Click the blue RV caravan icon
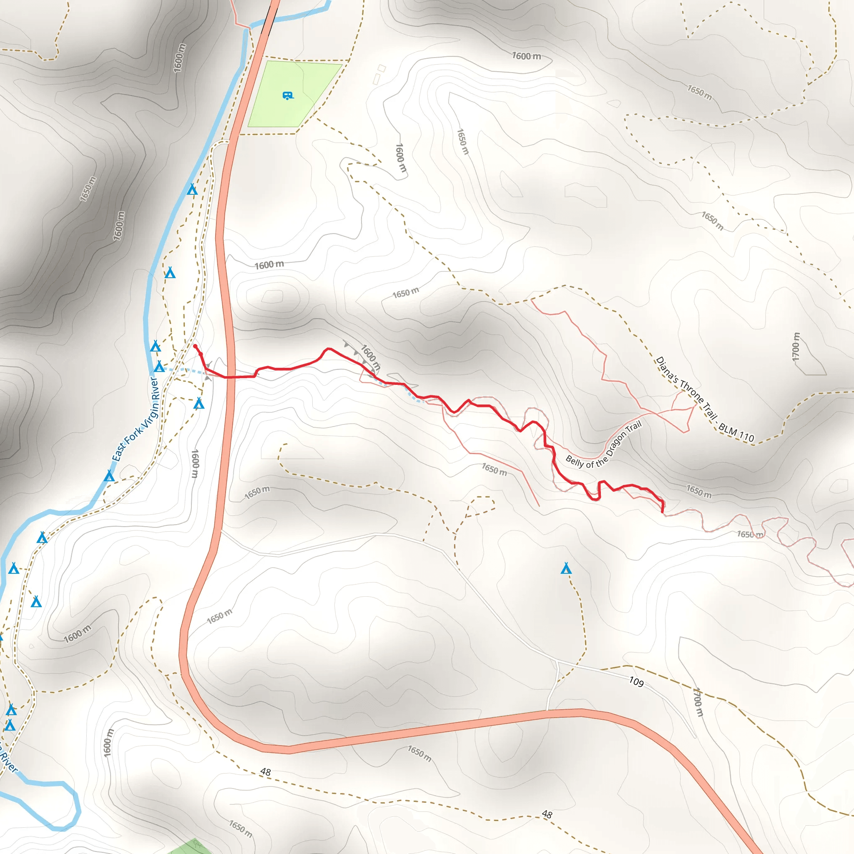point(288,95)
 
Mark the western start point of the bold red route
point(195,346)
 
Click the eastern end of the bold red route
point(662,512)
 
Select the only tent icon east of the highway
point(566,568)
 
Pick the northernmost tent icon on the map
point(192,189)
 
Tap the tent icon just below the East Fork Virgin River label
point(109,476)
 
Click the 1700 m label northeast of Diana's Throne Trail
point(796,347)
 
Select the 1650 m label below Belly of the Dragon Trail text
point(494,469)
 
